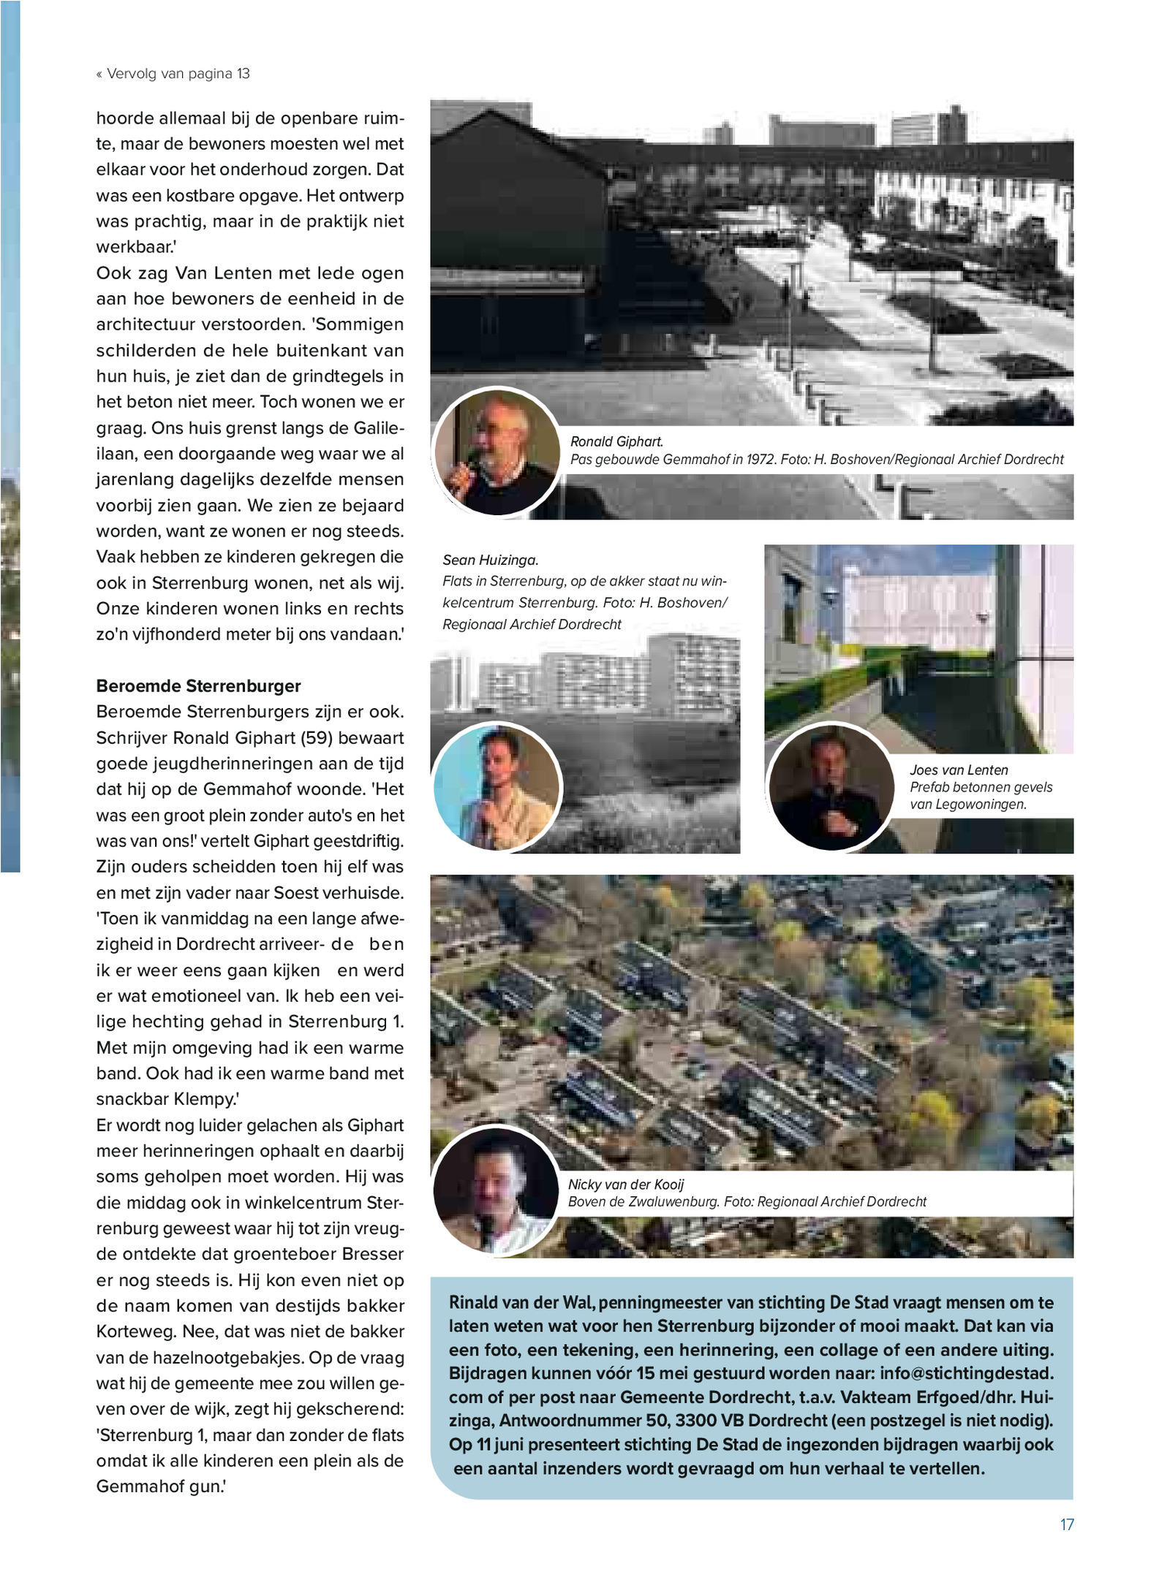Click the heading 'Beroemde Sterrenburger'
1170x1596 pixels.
point(198,685)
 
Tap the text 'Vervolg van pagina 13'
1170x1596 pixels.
point(178,73)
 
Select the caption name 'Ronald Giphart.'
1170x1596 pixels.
point(616,441)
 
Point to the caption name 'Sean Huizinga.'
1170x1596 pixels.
point(490,560)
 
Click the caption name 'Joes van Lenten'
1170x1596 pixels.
point(959,770)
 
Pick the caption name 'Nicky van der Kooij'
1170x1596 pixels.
point(626,1185)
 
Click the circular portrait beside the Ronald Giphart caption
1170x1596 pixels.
point(497,452)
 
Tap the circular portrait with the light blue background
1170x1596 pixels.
point(497,786)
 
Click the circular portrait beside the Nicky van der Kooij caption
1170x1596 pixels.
point(496,1191)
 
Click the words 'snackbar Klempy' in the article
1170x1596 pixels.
point(162,1099)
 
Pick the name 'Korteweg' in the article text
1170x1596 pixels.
point(131,1331)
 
